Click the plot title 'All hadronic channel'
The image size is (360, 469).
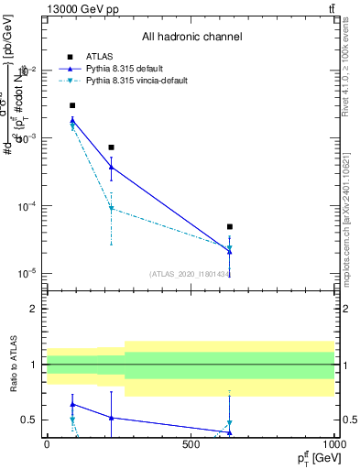click(191, 38)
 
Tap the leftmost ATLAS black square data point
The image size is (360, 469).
click(72, 105)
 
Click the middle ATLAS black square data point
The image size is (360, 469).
click(111, 147)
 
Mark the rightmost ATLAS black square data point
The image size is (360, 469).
click(230, 226)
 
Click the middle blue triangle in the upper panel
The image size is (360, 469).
click(111, 167)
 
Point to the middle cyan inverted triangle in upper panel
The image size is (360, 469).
click(111, 209)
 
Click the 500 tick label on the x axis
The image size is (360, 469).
click(191, 444)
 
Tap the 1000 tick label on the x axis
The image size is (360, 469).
click(335, 444)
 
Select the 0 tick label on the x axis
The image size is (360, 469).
click(47, 444)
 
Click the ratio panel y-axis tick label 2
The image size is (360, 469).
click(34, 309)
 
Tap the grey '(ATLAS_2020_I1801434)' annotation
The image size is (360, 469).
click(192, 273)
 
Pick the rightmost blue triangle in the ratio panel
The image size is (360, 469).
click(230, 432)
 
